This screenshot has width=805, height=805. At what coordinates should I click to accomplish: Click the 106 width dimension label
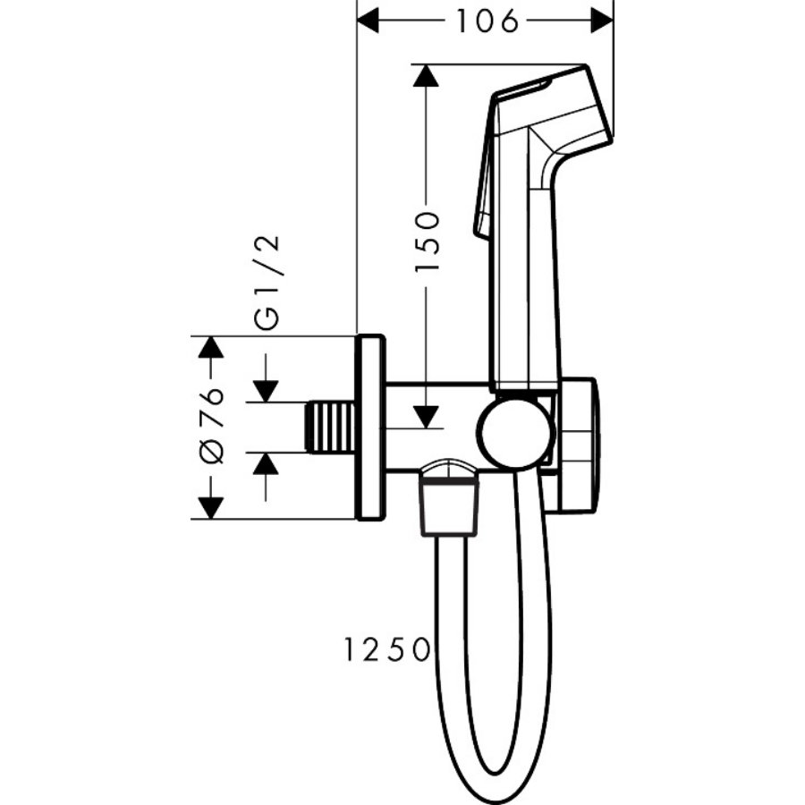(x=487, y=21)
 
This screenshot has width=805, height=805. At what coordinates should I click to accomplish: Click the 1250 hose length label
(x=386, y=649)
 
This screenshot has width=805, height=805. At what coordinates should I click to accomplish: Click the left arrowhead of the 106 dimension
(x=368, y=21)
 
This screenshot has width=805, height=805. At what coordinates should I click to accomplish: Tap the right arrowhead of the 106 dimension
(x=602, y=21)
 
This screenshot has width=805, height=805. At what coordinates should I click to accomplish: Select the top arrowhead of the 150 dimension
(x=426, y=75)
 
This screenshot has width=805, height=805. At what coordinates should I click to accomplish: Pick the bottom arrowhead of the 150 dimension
(x=426, y=417)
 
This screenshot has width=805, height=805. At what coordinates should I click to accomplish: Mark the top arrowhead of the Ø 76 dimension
(x=210, y=347)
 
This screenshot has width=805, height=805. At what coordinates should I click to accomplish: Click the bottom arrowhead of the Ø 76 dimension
(x=210, y=508)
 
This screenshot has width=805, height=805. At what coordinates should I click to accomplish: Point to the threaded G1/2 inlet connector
(x=331, y=428)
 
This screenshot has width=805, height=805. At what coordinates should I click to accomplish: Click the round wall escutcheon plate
(x=369, y=428)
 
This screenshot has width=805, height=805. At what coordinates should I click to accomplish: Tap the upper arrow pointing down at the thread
(x=266, y=378)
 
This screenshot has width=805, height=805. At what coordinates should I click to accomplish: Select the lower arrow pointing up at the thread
(x=266, y=478)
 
